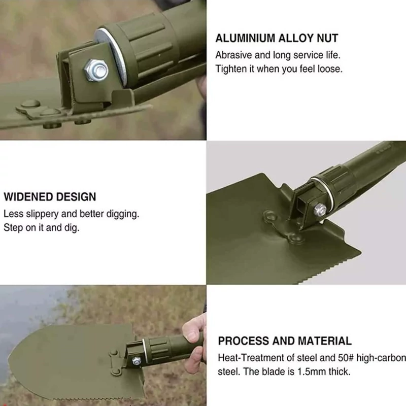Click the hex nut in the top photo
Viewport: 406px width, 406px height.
96,70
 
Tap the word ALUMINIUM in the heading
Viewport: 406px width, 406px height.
245,39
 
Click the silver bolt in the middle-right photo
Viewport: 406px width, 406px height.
320,210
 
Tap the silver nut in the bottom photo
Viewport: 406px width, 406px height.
136,361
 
